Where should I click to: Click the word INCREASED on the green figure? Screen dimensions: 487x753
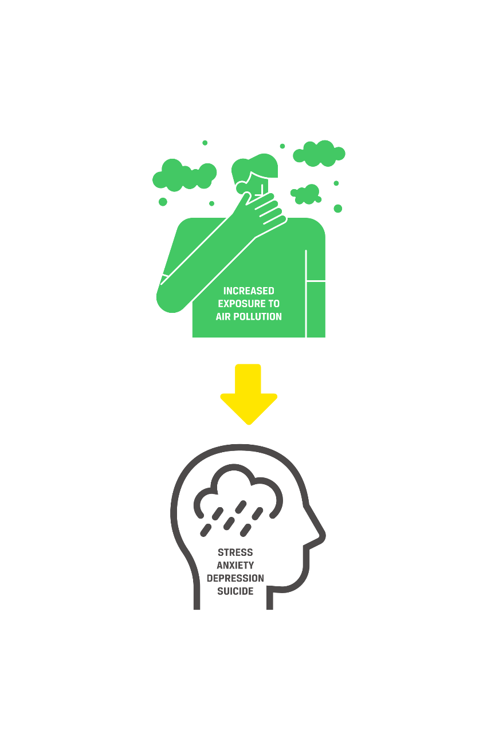(x=249, y=291)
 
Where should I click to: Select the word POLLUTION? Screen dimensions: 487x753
(x=259, y=316)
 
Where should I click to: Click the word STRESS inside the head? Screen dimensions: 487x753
(x=235, y=552)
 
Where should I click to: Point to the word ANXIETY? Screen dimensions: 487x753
(x=235, y=566)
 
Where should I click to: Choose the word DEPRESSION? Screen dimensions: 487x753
(x=235, y=578)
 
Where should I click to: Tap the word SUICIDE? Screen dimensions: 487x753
(x=235, y=591)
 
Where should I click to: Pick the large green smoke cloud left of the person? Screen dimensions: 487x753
(x=183, y=175)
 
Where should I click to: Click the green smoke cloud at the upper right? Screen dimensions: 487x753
(x=320, y=153)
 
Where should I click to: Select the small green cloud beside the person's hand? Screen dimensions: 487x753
(x=307, y=194)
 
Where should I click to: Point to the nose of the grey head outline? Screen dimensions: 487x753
(x=321, y=536)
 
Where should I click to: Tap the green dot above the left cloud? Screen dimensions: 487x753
(x=205, y=143)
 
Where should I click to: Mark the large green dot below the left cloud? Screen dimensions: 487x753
(x=163, y=202)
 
